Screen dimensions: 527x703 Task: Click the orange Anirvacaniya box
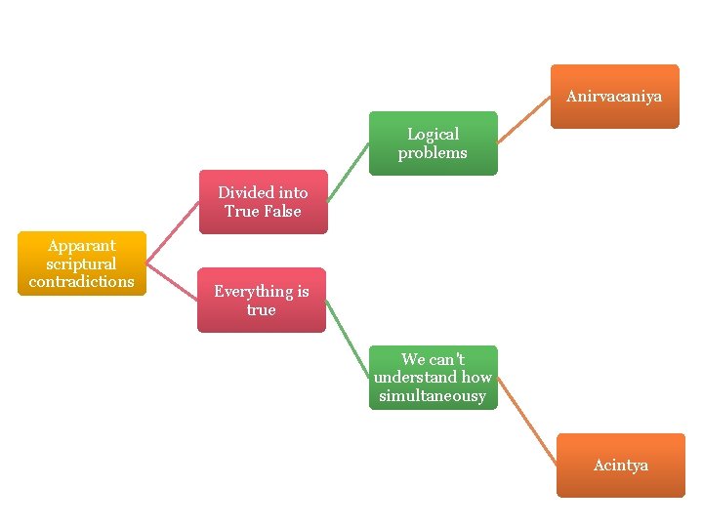coord(614,97)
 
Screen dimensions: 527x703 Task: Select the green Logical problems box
coord(433,143)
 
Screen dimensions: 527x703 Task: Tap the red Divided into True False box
coord(263,202)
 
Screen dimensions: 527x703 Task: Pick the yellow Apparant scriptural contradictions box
coord(81,263)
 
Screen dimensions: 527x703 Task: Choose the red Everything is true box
coord(262,301)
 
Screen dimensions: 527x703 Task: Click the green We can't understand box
coord(433,378)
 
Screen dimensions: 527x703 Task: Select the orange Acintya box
coord(620,466)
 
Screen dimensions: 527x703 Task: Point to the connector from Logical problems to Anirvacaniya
coord(524,120)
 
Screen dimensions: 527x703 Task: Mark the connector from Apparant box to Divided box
coord(173,233)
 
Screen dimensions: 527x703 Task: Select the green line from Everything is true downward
coord(347,338)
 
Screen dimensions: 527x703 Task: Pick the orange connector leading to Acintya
coord(527,422)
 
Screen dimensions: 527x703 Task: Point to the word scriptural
coord(81,263)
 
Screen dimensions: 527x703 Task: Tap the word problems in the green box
coord(433,153)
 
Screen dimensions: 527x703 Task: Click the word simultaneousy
coord(433,395)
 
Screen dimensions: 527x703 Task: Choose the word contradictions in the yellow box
coord(81,282)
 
